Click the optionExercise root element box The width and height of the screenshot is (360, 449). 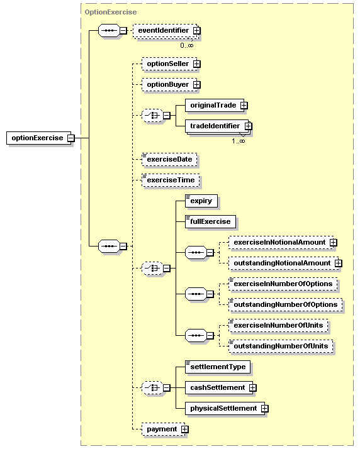[38, 138]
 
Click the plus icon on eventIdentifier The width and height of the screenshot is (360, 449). [196, 30]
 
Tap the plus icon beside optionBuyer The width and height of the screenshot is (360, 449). [196, 85]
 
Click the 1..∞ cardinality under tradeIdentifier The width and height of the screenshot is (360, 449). [239, 141]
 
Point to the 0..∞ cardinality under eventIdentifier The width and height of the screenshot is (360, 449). [187, 45]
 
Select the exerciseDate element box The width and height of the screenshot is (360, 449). [169, 159]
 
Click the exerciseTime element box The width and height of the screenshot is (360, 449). [171, 180]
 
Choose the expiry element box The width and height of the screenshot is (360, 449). [201, 201]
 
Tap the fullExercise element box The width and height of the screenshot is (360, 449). [210, 221]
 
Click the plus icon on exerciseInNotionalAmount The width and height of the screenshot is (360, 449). [333, 243]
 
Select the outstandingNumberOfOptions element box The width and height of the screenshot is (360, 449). [286, 304]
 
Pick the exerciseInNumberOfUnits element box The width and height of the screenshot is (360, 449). [278, 325]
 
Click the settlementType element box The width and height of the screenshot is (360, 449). [218, 367]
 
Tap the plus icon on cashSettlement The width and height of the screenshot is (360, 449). [252, 388]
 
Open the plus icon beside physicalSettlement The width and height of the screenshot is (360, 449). [264, 409]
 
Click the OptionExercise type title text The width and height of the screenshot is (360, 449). [111, 13]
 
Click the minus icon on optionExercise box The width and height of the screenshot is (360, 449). [70, 138]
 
